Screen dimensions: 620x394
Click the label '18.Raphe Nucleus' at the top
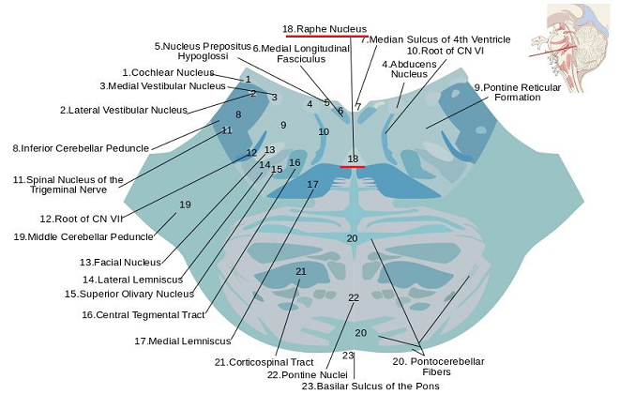(325, 29)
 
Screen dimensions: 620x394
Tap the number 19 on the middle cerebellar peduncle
(185, 205)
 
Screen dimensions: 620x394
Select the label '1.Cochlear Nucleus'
(168, 72)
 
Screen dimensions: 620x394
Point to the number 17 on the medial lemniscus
(312, 185)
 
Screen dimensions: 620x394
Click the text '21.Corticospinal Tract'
(264, 362)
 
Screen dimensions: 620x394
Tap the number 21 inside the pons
(301, 271)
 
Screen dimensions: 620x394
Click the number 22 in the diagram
(354, 297)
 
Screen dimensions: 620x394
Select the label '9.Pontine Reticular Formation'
(518, 92)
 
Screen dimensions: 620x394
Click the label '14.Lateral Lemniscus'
(133, 280)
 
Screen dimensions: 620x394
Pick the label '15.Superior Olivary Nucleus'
(129, 294)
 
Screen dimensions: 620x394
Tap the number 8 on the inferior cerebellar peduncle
(238, 114)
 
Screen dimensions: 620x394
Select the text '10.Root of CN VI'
(446, 51)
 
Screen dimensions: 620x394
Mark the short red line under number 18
(353, 167)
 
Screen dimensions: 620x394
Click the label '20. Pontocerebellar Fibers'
(438, 366)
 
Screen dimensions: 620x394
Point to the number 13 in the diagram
(270, 149)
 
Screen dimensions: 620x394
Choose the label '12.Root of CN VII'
(82, 219)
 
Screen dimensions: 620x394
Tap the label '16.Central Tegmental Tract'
(144, 315)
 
